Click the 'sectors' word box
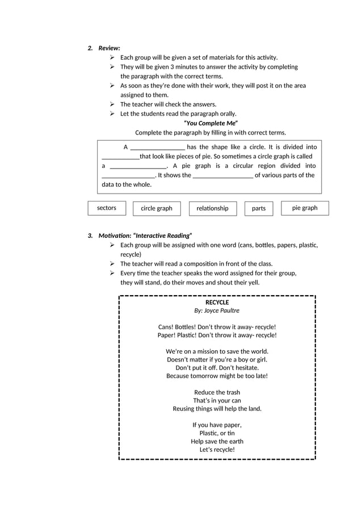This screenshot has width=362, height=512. (x=107, y=208)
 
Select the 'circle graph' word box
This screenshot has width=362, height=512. (x=157, y=209)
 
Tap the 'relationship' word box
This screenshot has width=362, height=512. (x=212, y=209)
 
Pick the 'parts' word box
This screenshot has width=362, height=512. (x=259, y=209)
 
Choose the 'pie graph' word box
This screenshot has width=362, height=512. (x=305, y=208)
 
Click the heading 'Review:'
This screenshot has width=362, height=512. (x=109, y=48)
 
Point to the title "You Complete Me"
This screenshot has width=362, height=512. (x=211, y=123)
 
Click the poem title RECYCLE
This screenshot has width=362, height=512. (x=217, y=303)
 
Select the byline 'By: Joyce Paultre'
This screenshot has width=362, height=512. (x=217, y=311)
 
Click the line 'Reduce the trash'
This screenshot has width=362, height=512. (x=217, y=393)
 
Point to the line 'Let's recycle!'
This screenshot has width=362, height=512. (x=217, y=450)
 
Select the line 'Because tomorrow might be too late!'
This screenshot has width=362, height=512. (x=217, y=376)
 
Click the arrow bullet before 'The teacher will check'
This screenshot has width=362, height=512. (x=113, y=104)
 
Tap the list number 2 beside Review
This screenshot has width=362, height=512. (x=90, y=48)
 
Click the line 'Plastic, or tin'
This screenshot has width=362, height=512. (x=217, y=433)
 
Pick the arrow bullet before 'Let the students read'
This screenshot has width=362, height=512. (x=113, y=114)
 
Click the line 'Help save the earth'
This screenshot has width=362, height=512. (x=217, y=442)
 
